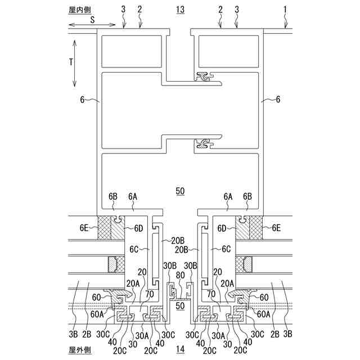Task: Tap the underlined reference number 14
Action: [x=180, y=350]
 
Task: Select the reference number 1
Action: [x=285, y=9]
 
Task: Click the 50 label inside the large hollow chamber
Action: [x=180, y=191]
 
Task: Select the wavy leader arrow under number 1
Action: [x=287, y=22]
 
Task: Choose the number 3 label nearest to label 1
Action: [x=236, y=9]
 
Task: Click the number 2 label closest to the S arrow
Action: [x=139, y=9]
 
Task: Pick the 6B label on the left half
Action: [x=113, y=197]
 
